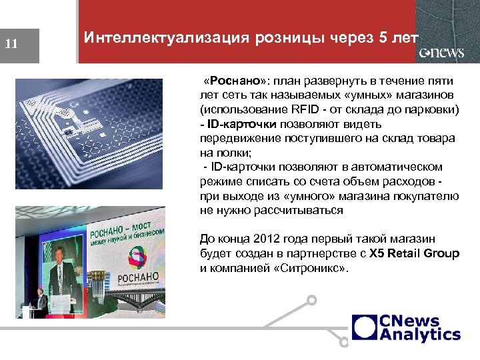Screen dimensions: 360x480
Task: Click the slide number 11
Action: coord(11,45)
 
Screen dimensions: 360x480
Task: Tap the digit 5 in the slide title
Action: coord(381,38)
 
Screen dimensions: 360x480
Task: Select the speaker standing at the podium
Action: coord(41,303)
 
